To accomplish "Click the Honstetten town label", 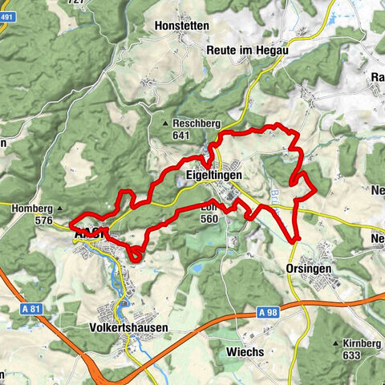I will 183,26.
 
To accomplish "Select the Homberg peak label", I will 33,209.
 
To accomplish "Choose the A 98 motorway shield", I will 272,311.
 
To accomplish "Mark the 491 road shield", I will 6,50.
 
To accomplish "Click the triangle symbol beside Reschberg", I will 165,124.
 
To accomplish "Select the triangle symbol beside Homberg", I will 59,209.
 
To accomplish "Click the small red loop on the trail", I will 135,254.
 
